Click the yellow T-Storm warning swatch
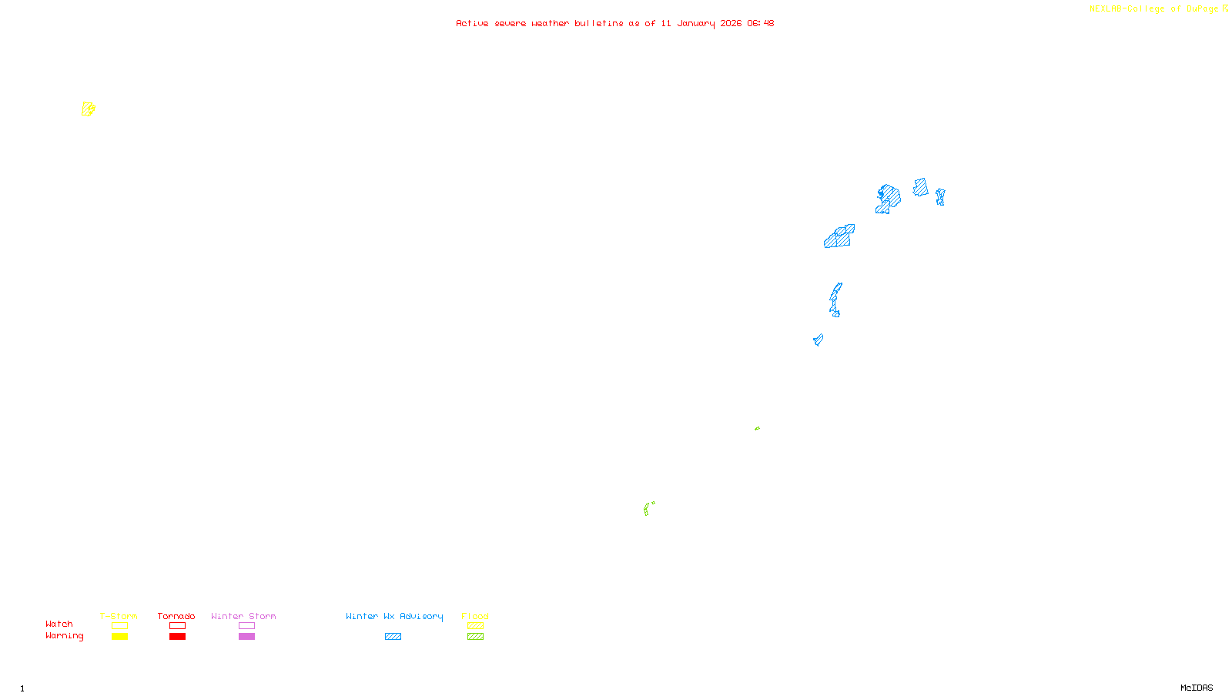pos(119,637)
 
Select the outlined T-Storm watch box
pos(119,626)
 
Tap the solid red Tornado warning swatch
pos(177,637)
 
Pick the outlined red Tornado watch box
pos(177,626)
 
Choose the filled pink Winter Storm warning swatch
pos(246,637)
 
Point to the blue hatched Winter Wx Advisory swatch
pos(393,637)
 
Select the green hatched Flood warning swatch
pos(475,637)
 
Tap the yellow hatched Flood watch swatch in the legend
pos(475,626)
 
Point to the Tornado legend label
pos(176,616)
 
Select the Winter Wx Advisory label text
pos(394,616)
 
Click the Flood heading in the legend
pos(475,616)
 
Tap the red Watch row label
pos(59,624)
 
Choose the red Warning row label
pos(64,636)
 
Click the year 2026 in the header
pos(731,24)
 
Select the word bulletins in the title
pos(598,24)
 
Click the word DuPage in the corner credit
pos(1202,9)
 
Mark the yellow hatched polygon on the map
pos(88,109)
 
